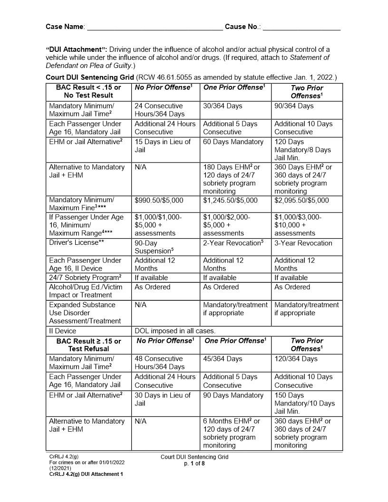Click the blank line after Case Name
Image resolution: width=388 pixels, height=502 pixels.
[155, 28]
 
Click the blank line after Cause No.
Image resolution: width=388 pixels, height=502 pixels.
[301, 28]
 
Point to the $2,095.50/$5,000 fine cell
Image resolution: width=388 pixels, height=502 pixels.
[301, 200]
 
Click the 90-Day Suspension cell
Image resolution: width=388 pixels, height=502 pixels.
[153, 247]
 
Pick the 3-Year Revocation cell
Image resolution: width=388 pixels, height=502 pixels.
[303, 243]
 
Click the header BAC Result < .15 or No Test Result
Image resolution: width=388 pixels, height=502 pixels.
[88, 91]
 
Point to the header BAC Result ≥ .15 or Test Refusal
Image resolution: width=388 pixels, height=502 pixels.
[88, 345]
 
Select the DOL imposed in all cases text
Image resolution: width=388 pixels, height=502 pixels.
[175, 331]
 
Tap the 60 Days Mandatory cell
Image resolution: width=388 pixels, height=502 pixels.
[233, 142]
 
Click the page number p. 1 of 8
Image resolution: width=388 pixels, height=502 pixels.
[194, 464]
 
